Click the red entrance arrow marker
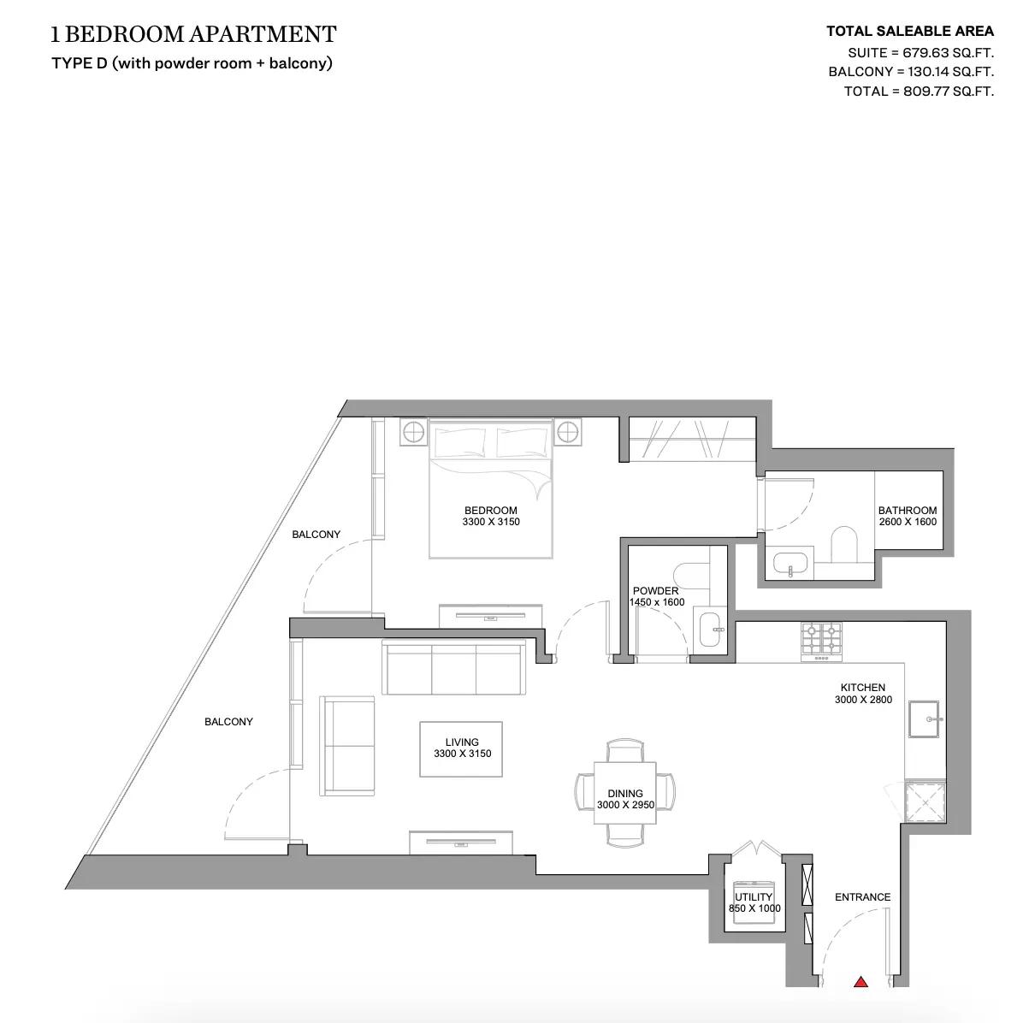pyautogui.click(x=861, y=997)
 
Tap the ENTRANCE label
pyautogui.click(x=862, y=896)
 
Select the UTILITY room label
pyautogui.click(x=754, y=896)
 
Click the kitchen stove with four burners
pyautogui.click(x=821, y=642)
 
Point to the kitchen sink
pyautogui.click(x=924, y=718)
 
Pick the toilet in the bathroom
pyautogui.click(x=844, y=544)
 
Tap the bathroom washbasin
pyautogui.click(x=790, y=565)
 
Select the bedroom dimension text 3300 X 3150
pyautogui.click(x=491, y=522)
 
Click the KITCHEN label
pyautogui.click(x=862, y=687)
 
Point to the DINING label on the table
pyautogui.click(x=625, y=793)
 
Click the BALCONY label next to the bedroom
pyautogui.click(x=316, y=534)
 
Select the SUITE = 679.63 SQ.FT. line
pyautogui.click(x=920, y=53)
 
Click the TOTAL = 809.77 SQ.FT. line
pyautogui.click(x=919, y=92)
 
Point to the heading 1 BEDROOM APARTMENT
pyautogui.click(x=193, y=34)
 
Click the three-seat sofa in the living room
pyautogui.click(x=454, y=667)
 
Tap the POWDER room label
pyautogui.click(x=655, y=590)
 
